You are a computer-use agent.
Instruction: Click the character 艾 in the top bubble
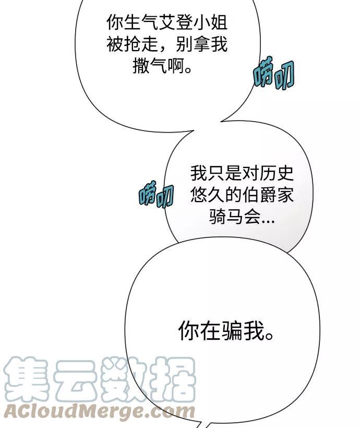pyautogui.click(x=166, y=22)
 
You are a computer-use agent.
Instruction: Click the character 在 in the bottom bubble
pyautogui.click(x=210, y=330)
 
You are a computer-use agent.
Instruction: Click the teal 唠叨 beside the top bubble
pyautogui.click(x=274, y=73)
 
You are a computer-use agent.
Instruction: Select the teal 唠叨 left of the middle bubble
pyautogui.click(x=156, y=194)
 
